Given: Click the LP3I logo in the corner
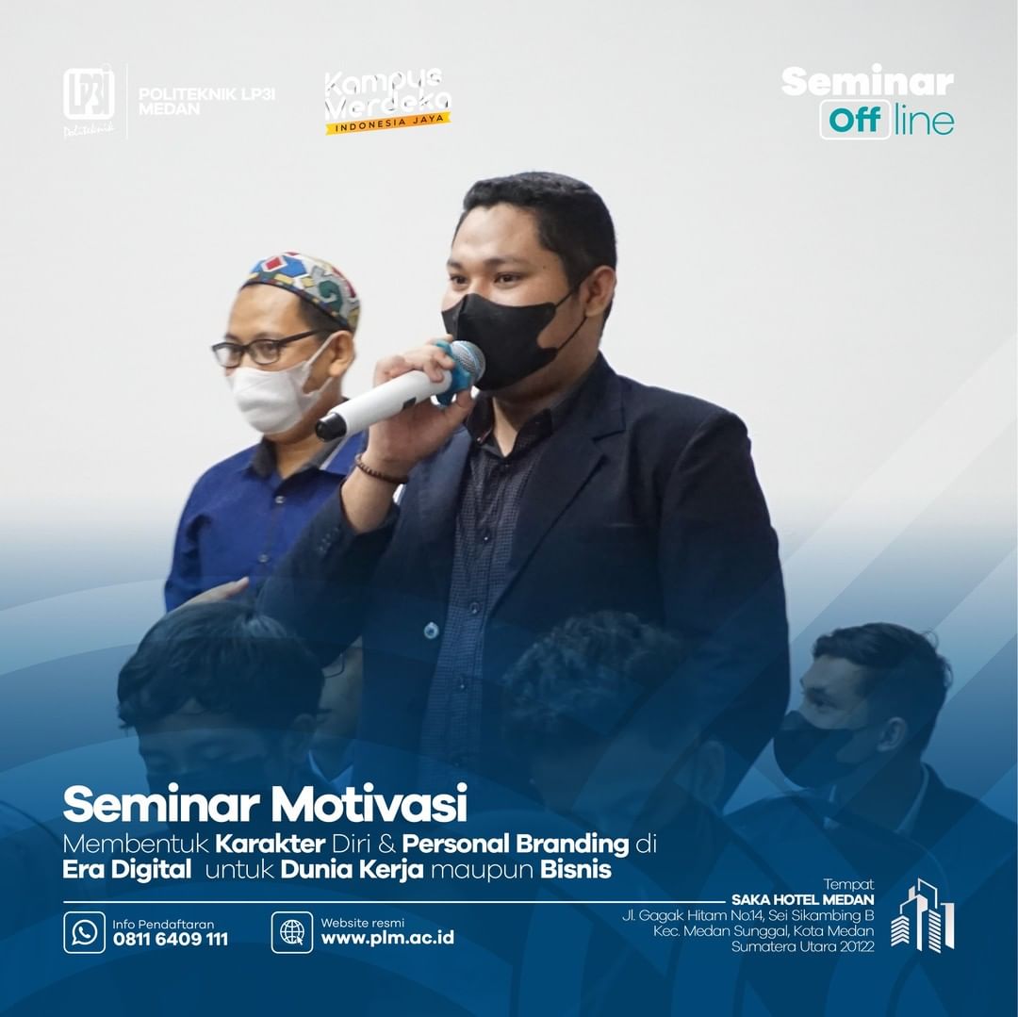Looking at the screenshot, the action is tap(89, 101).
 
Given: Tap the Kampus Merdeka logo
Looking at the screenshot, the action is tap(387, 101).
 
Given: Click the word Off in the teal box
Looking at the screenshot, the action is tap(855, 120).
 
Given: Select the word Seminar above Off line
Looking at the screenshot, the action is tap(867, 81).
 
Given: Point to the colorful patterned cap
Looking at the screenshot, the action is tap(304, 285).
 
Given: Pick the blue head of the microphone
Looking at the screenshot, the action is tap(462, 368).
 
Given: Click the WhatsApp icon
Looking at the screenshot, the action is tap(85, 932).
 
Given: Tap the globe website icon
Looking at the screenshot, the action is tap(292, 932).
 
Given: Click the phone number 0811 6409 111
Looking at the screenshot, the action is tap(171, 939).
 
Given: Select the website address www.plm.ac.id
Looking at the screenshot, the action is tap(387, 938).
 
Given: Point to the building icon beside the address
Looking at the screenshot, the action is tap(923, 915).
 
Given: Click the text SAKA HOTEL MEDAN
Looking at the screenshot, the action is tap(802, 899).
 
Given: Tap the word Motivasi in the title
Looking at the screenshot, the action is tap(369, 803).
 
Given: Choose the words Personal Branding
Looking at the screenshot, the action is tap(516, 844).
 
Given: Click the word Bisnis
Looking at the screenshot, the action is tap(576, 869).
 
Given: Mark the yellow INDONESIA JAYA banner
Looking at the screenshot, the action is tap(388, 123).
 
